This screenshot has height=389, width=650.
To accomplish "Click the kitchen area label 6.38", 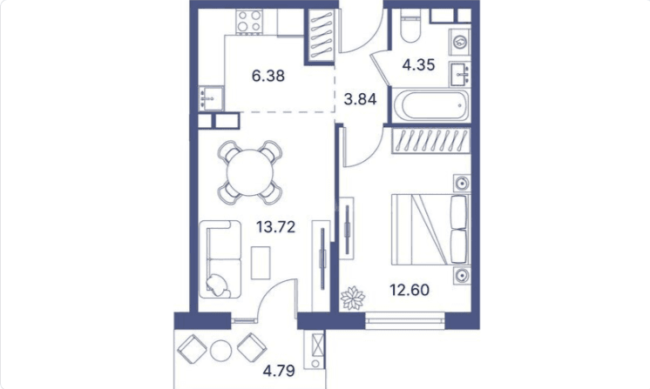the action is tap(268, 76).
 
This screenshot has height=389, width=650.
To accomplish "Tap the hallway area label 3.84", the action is tap(360, 99).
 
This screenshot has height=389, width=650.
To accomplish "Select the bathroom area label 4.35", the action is tap(418, 65).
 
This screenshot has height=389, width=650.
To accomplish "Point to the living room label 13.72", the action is tap(275, 227).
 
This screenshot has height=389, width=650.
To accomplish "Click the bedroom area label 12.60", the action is tap(410, 290).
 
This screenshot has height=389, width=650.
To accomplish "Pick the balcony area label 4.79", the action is tap(279, 371).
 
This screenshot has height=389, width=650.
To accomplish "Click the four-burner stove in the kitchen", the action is tap(250, 22).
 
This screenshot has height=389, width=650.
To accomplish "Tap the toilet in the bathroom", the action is tap(410, 25).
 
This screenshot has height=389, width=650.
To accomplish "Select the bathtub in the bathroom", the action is tap(430, 104).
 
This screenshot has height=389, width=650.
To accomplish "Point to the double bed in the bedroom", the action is tap(430, 229).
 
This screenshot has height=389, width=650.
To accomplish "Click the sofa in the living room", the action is tap(220, 259).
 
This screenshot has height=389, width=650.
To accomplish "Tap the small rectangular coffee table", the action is tap(261, 263).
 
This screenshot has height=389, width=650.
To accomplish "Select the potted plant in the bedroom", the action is tap(352, 298).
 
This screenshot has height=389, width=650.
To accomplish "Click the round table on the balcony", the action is tap(220, 351).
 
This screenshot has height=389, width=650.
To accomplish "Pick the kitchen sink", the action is tap(211, 98).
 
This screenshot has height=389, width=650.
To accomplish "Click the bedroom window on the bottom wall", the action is tap(404, 321).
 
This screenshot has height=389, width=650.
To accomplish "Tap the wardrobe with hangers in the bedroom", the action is tap(431, 141).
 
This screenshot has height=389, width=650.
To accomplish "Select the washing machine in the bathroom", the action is tap(460, 41).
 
